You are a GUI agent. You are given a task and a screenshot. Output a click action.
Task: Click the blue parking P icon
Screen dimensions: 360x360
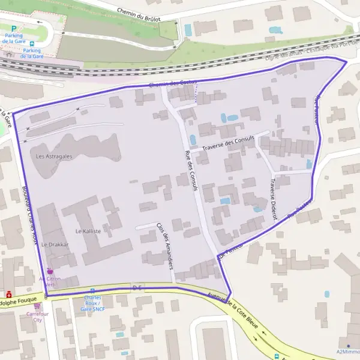coord(14,28)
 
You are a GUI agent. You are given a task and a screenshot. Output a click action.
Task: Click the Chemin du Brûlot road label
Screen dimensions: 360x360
coord(141,11)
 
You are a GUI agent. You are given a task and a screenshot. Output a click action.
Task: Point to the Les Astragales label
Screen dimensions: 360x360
coord(54,156)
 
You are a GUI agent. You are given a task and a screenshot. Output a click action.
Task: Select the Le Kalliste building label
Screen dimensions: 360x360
coord(88,230)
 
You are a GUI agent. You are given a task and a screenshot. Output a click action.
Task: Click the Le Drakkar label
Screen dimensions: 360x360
coord(55,245)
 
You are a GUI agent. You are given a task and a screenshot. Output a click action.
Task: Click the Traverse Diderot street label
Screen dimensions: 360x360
coord(273,197)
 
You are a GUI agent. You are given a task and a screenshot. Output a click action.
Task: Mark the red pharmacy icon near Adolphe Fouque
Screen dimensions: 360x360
coord(9,295)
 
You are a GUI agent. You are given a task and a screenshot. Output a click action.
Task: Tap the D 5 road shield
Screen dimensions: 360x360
coord(137,288)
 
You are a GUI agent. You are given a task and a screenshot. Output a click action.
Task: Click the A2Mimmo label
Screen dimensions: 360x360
coord(348,352)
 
